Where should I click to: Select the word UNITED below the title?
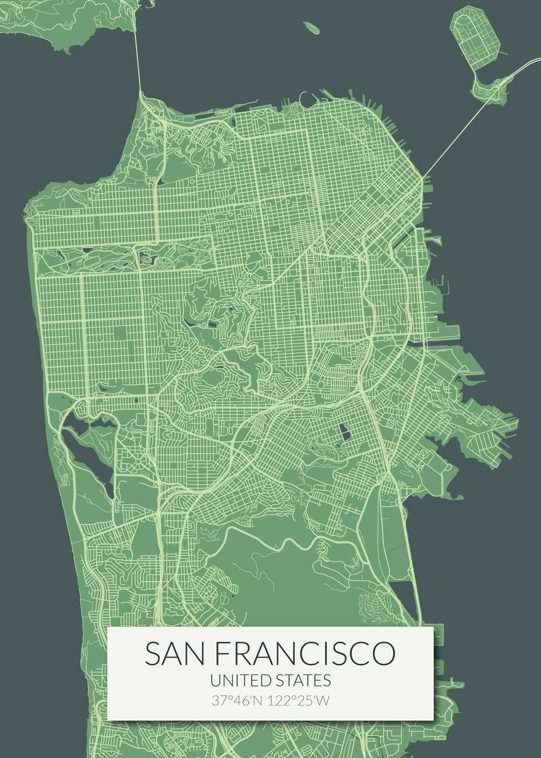coord(241,680)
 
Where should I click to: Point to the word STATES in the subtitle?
coord(304,680)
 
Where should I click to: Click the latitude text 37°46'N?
coord(238,701)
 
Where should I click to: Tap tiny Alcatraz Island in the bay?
coord(310,27)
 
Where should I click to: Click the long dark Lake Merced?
coord(88,455)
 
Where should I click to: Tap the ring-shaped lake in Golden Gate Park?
coord(148,258)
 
